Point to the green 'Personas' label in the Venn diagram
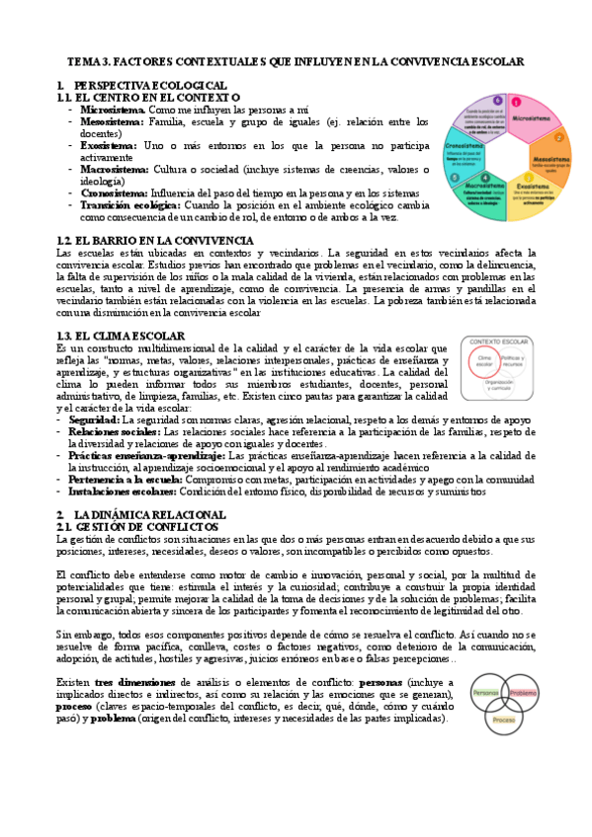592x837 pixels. pyautogui.click(x=486, y=691)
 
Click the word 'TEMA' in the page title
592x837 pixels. pyautogui.click(x=87, y=62)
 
